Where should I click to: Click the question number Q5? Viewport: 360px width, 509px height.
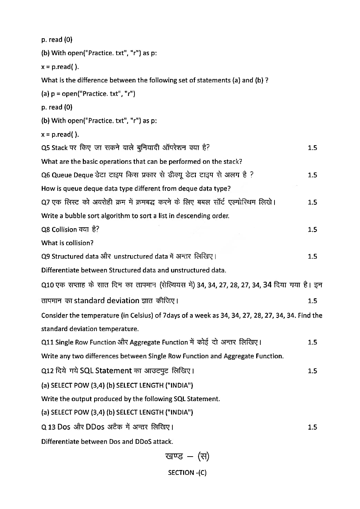click(x=46, y=148)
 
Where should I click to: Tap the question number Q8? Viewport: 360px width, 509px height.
click(x=46, y=230)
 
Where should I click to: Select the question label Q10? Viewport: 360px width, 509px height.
click(x=48, y=285)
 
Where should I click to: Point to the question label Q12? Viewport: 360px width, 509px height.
click(x=48, y=371)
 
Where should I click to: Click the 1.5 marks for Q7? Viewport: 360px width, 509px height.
click(x=312, y=202)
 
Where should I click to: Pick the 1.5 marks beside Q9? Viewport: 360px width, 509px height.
click(x=312, y=257)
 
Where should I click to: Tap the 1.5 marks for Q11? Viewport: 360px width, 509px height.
click(x=312, y=342)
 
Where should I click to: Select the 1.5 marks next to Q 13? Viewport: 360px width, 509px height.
click(x=312, y=427)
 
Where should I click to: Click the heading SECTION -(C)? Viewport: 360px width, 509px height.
click(x=187, y=473)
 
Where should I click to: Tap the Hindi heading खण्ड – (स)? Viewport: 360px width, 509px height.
click(x=187, y=457)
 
